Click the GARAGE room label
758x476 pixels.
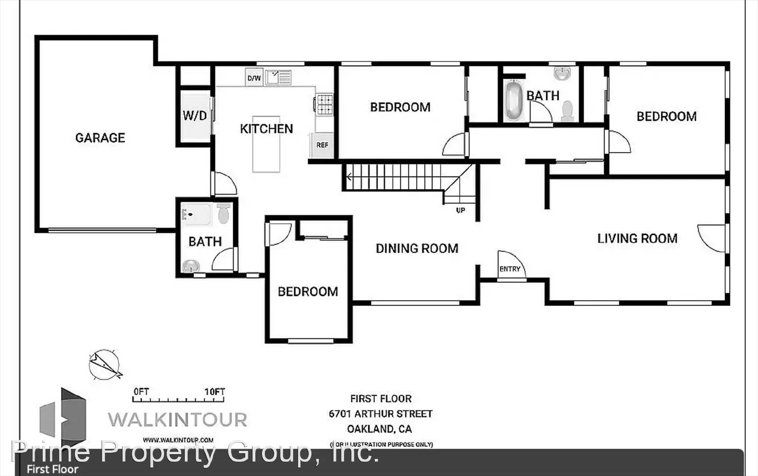(100, 138)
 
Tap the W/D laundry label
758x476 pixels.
(195, 116)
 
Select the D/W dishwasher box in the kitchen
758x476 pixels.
(254, 78)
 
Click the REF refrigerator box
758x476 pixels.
(322, 145)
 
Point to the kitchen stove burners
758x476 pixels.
(325, 105)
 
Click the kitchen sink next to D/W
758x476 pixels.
(278, 77)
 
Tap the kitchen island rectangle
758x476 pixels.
(266, 144)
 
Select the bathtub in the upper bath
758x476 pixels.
(513, 100)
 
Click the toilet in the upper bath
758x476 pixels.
(567, 110)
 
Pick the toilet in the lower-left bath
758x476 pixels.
(223, 214)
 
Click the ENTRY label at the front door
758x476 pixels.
(510, 269)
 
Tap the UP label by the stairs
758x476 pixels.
(460, 210)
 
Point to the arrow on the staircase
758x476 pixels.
(349, 178)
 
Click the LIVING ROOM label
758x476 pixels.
(637, 239)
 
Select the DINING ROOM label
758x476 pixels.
(417, 249)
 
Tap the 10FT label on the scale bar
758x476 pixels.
(215, 392)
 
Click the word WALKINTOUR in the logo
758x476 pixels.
(178, 420)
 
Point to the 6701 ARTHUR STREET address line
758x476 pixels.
(380, 414)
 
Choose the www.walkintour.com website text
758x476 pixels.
(178, 440)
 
